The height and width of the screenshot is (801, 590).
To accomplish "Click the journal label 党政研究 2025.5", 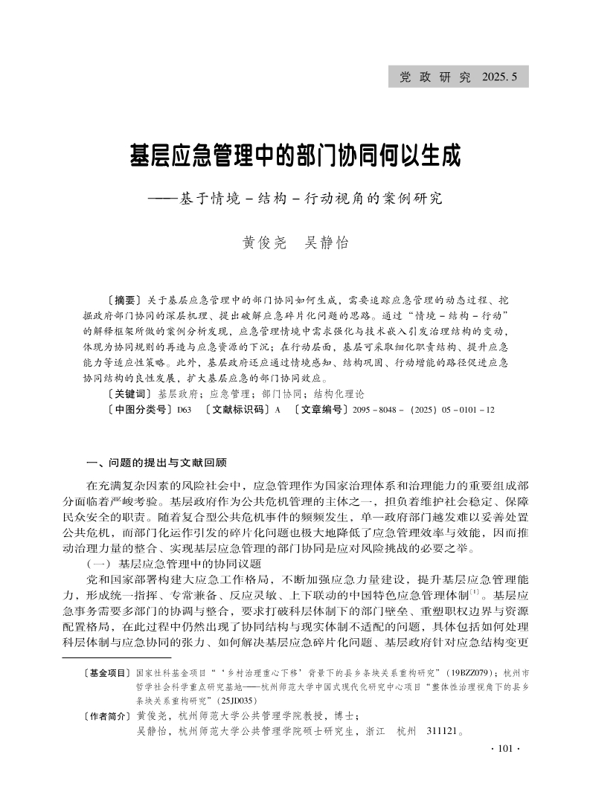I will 458,77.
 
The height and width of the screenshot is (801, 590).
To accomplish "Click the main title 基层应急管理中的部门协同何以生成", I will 295,157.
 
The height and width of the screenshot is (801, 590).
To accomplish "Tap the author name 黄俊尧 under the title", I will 264,243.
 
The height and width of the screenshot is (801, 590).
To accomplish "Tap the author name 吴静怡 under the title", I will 327,243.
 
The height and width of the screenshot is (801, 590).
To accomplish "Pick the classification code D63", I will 184,409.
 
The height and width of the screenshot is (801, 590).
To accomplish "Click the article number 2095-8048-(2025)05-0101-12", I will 422,409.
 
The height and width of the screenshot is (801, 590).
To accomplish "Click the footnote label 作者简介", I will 107,716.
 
